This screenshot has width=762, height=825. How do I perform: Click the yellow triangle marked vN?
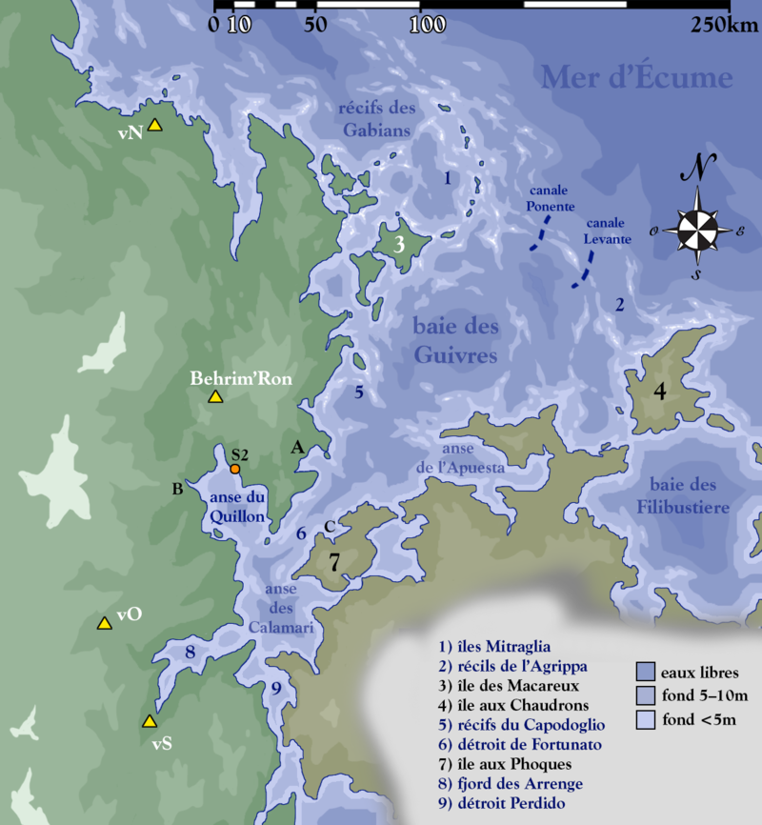155,125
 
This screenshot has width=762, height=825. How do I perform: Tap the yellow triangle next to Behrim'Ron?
215,396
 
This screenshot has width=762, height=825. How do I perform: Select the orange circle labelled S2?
234,469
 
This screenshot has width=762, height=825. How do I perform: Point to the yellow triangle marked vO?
104,623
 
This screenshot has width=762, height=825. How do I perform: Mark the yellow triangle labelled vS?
148,721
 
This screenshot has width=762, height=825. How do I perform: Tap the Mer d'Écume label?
637,77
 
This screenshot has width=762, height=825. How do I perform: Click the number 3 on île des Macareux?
400,245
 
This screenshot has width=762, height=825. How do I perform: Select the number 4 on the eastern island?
659,391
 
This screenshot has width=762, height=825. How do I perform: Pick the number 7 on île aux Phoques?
334,562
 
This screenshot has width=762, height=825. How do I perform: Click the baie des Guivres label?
456,341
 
